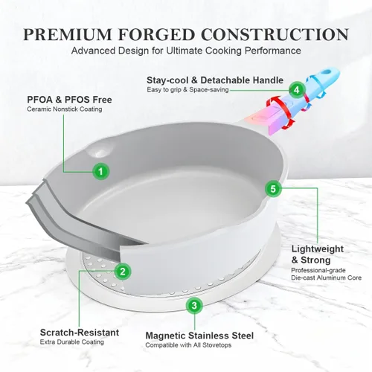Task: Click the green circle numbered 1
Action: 100,171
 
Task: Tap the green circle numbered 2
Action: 123,272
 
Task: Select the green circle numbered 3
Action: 194,305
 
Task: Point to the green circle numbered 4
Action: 297,90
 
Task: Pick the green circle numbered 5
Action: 273,189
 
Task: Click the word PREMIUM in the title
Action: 68,34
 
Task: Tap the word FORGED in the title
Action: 156,34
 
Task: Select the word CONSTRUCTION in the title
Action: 275,34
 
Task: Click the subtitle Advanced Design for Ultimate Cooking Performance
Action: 186,51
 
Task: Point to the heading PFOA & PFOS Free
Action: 69,100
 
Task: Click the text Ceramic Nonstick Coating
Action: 65,109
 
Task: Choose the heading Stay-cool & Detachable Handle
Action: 215,80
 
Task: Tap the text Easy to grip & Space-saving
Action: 187,90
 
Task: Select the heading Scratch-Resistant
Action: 80,333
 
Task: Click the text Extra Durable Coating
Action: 72,342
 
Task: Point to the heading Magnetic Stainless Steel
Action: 199,336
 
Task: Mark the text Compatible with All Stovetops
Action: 188,345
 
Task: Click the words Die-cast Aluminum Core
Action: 327,278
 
